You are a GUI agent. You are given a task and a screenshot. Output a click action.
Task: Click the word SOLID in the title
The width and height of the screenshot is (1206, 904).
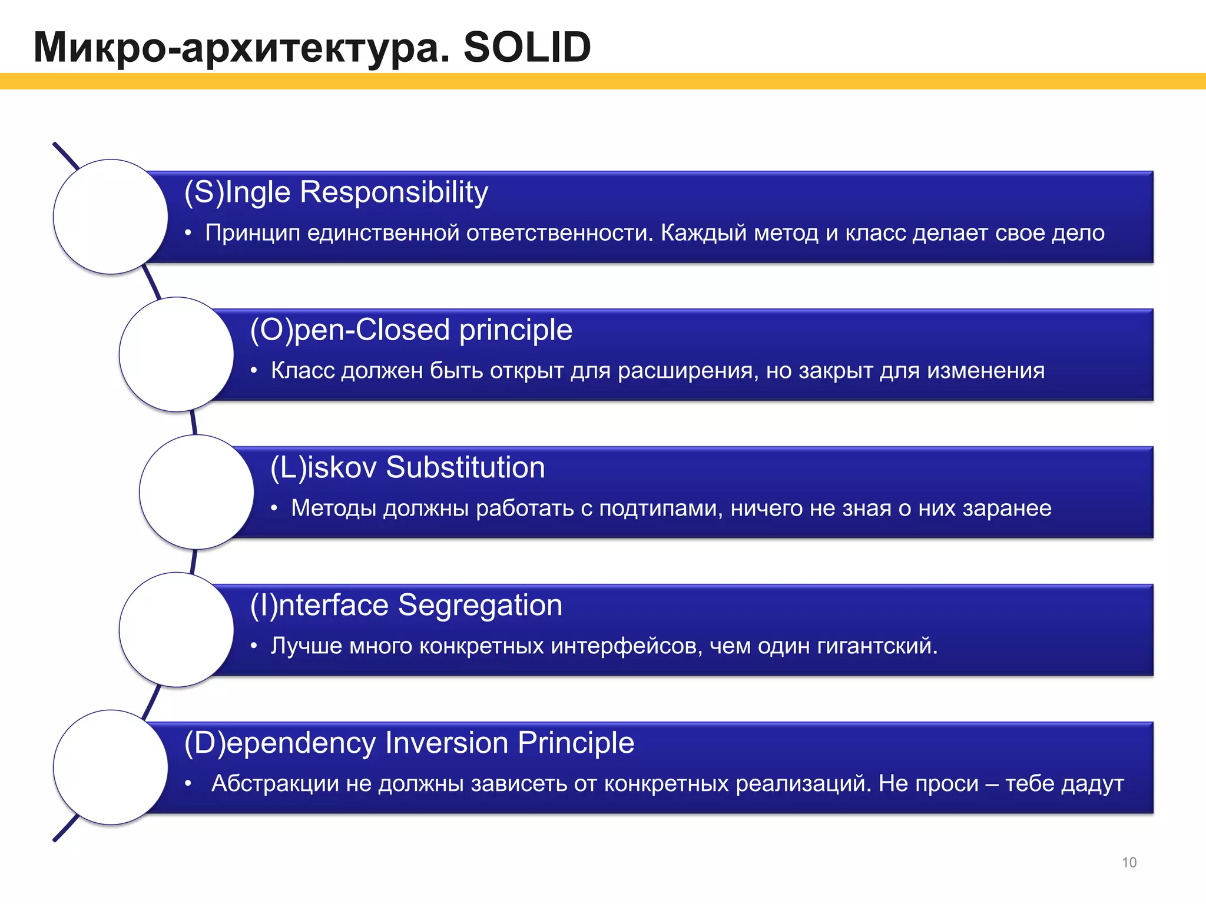pyautogui.click(x=527, y=47)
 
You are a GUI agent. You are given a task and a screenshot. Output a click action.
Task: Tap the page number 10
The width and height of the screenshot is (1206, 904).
pyautogui.click(x=1129, y=862)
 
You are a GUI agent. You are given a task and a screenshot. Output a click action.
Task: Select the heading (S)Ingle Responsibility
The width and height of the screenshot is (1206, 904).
pyautogui.click(x=336, y=192)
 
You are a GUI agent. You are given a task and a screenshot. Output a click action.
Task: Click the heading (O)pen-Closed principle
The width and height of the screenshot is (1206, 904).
pyautogui.click(x=411, y=330)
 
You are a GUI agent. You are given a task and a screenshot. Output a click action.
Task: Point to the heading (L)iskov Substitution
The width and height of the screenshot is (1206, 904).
pyautogui.click(x=407, y=467)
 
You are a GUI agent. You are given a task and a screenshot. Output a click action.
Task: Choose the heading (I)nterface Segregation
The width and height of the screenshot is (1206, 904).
pyautogui.click(x=406, y=605)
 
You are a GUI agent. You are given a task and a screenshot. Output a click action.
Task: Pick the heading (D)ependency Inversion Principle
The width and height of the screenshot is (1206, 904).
pyautogui.click(x=409, y=743)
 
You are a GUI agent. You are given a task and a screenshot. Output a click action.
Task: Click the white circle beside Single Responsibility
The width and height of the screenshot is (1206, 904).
pyautogui.click(x=111, y=217)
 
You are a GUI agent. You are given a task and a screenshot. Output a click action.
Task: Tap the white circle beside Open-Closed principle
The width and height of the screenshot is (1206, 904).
pyautogui.click(x=177, y=354)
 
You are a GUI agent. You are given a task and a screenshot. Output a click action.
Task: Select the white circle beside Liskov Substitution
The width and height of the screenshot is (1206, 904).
pyautogui.click(x=197, y=492)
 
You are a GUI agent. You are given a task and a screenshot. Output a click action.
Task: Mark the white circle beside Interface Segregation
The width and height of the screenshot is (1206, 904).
pyautogui.click(x=177, y=630)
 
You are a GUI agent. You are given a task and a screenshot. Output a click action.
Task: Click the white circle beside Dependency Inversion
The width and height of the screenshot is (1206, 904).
pyautogui.click(x=111, y=767)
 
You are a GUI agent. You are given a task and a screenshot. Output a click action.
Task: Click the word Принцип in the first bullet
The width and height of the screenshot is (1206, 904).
pyautogui.click(x=252, y=234)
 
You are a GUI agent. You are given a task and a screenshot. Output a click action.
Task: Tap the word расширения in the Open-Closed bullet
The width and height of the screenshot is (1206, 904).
pyautogui.click(x=688, y=371)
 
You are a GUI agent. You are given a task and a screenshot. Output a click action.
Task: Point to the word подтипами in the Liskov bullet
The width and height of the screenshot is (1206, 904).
pyautogui.click(x=661, y=508)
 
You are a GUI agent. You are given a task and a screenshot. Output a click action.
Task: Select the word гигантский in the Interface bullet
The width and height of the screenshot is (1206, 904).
pyautogui.click(x=876, y=646)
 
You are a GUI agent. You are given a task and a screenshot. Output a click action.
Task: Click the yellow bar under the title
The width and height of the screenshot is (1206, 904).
pyautogui.click(x=603, y=81)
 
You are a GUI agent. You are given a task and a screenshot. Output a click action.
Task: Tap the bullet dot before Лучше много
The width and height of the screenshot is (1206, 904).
pyautogui.click(x=254, y=646)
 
